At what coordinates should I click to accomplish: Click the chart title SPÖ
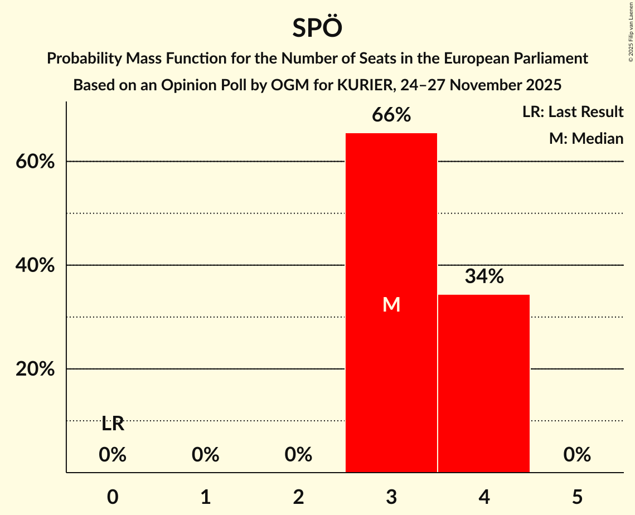click(x=317, y=28)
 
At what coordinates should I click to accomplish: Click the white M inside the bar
click(x=391, y=304)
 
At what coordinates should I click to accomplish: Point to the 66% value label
click(x=391, y=115)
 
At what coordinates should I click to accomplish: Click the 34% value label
click(x=484, y=276)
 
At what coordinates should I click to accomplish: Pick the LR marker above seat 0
click(x=113, y=424)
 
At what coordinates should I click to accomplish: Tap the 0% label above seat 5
click(x=576, y=455)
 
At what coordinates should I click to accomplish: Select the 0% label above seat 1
click(x=205, y=455)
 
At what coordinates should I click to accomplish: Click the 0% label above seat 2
click(x=298, y=455)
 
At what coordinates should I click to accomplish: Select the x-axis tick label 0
click(x=113, y=497)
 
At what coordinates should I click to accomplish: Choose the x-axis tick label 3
click(x=391, y=497)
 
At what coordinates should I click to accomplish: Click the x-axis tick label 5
click(x=576, y=497)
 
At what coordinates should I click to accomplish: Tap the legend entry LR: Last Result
click(x=573, y=112)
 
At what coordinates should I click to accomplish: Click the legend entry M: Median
click(x=586, y=138)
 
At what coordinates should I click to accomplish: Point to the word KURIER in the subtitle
click(x=368, y=85)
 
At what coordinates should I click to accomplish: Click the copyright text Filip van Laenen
click(x=631, y=22)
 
